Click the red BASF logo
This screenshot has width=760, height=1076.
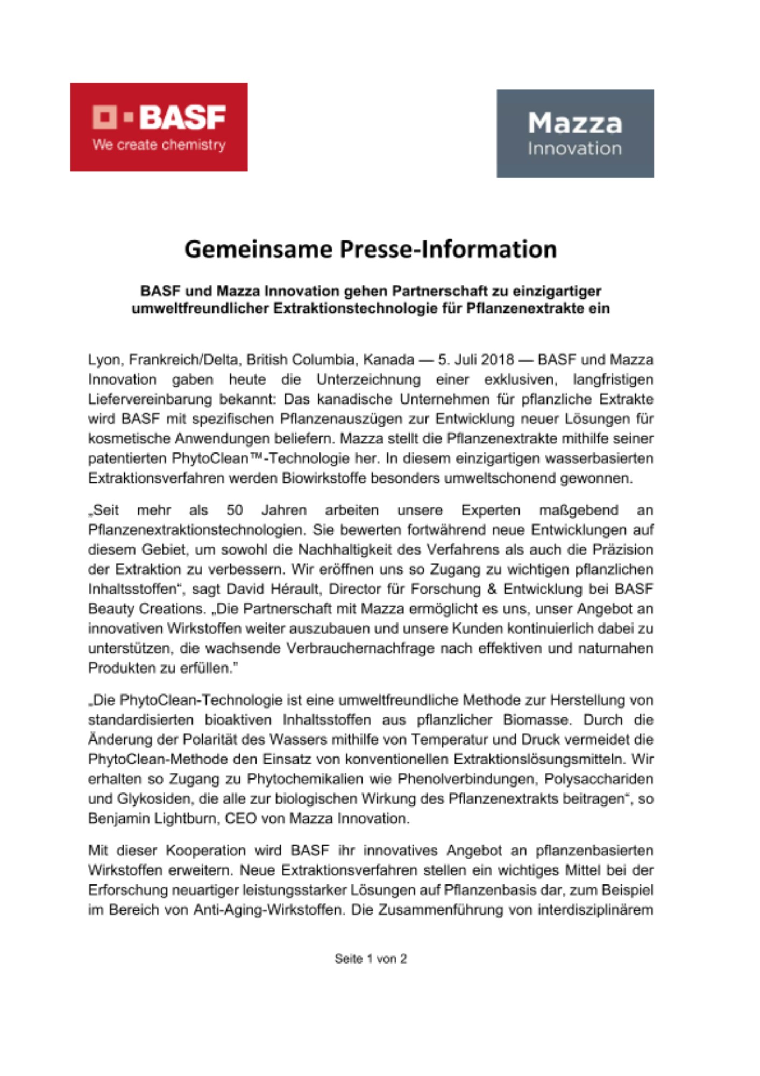[159, 127]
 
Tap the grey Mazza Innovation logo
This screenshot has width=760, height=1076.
[575, 133]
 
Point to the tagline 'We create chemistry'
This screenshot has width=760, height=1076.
[159, 145]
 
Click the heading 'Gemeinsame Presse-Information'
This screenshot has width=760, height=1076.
[371, 250]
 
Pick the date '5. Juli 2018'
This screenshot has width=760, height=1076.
[476, 359]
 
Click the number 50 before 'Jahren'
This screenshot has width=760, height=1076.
[235, 510]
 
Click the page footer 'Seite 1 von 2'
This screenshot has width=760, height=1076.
[371, 959]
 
